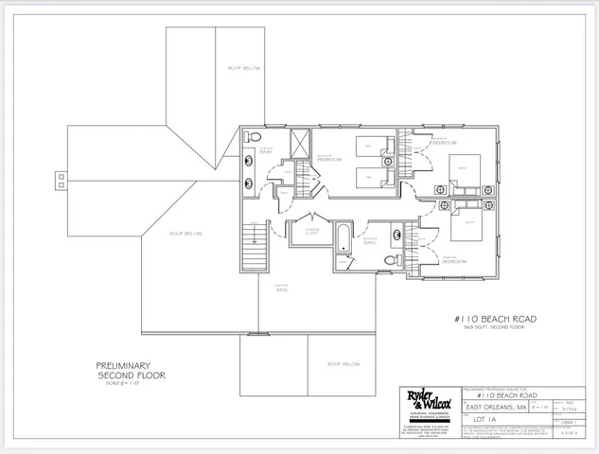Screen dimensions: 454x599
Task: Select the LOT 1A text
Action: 480,421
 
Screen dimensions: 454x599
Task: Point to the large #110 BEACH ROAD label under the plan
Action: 497,320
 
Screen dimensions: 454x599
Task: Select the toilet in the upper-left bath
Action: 254,140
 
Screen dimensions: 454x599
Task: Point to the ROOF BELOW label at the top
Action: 244,68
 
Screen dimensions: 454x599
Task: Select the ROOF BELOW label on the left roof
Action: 185,233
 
